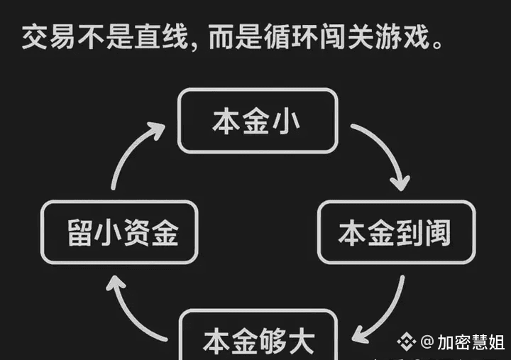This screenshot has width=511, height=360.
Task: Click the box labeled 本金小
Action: tap(256, 120)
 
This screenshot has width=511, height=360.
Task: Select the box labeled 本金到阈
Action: tap(396, 232)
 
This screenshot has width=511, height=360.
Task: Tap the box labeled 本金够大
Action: tap(258, 338)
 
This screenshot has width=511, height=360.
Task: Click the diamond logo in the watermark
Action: tap(406, 342)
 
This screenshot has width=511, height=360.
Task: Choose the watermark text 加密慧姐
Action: tap(469, 342)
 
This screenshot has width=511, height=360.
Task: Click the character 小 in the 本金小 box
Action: tap(287, 120)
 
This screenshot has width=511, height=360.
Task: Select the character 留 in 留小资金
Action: tap(80, 232)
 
